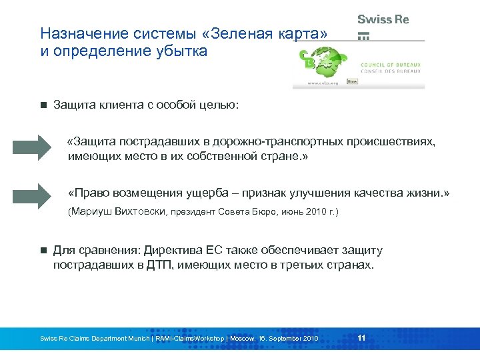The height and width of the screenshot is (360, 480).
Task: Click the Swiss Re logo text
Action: click(x=383, y=19)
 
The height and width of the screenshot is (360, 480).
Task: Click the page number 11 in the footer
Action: click(x=361, y=338)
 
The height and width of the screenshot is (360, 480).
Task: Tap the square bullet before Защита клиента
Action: click(x=43, y=105)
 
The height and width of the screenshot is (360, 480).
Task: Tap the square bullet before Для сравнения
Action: click(x=43, y=251)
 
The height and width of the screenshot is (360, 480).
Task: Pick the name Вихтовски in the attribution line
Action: click(x=142, y=213)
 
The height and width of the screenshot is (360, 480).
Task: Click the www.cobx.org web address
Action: click(x=323, y=83)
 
